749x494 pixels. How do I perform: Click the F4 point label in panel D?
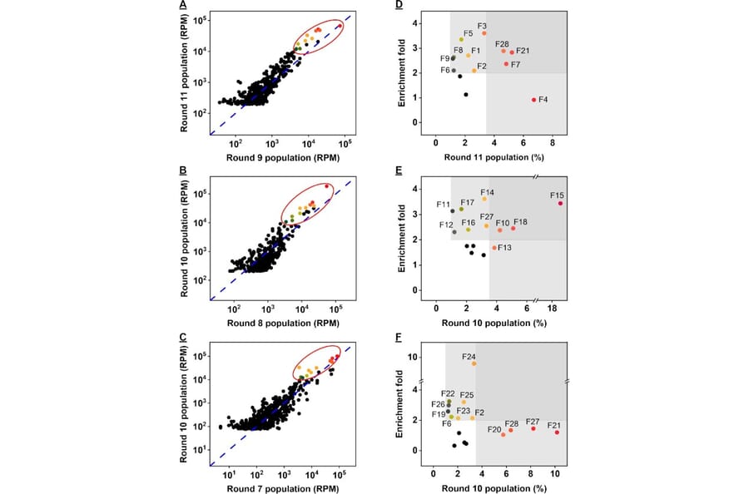pos(543,100)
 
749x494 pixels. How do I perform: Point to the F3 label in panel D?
pos(482,26)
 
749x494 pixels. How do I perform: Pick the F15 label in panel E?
pos(558,195)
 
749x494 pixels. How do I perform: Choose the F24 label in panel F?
pos(469,356)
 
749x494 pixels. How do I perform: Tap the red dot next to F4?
pos(533,100)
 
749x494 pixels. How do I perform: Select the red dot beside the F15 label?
pos(560,204)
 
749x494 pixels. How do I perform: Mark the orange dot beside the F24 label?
pos(474,363)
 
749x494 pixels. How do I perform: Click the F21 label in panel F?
pos(553,425)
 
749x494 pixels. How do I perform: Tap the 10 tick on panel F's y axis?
pos(419,357)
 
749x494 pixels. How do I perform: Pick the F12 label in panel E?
pos(446,225)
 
